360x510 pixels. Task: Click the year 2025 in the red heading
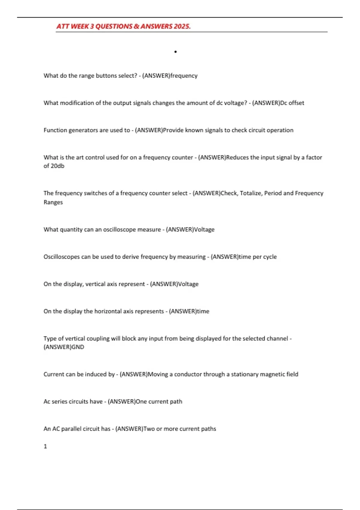click(182, 26)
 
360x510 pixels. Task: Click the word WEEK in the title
click(80, 26)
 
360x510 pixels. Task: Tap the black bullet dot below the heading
click(175, 52)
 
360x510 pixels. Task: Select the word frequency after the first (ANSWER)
click(184, 76)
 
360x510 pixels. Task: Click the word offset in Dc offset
click(296, 103)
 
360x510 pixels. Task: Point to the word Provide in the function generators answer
click(173, 130)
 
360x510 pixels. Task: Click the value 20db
click(57, 166)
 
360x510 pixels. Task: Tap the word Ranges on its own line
click(53, 202)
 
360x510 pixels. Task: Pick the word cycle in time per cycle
click(270, 257)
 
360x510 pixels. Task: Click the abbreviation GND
click(78, 347)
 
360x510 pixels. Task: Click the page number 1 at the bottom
click(45, 446)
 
